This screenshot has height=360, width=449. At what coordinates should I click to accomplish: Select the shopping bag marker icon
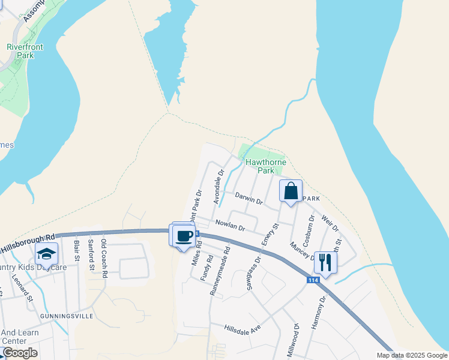click(291, 192)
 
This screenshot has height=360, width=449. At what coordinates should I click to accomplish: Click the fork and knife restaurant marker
click(325, 262)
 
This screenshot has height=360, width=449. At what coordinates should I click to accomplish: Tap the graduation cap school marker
click(46, 254)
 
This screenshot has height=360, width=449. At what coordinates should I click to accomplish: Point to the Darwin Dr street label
click(249, 199)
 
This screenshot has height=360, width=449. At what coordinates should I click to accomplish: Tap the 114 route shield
click(313, 280)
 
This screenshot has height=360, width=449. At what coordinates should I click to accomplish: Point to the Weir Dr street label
click(331, 224)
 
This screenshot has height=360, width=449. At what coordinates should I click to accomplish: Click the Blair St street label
click(77, 251)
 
